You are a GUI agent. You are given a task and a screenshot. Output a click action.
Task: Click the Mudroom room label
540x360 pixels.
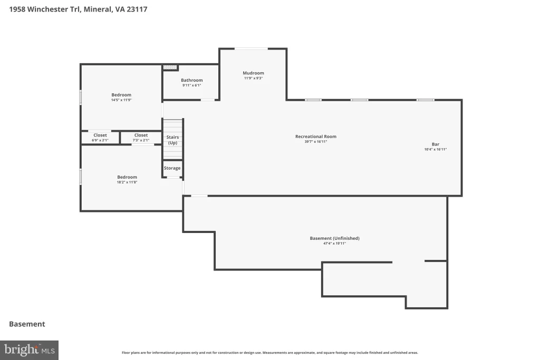pos(253,73)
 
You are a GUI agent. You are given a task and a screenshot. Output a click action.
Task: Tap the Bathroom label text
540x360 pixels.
pos(192,80)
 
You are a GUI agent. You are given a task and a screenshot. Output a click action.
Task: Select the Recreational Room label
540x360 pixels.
pos(316,137)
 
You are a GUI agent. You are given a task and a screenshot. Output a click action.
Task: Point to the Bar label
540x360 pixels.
pos(435,144)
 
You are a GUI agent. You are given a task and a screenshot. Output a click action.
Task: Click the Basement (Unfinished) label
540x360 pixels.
pos(335,238)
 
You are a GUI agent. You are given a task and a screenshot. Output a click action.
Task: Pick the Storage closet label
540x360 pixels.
pos(172,168)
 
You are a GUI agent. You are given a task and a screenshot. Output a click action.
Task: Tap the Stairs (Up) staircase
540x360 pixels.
pos(172,139)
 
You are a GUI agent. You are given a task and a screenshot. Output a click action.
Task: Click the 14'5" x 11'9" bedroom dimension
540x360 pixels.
pos(121,100)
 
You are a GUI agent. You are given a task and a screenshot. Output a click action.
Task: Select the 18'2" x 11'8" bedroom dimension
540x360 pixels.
pos(127,182)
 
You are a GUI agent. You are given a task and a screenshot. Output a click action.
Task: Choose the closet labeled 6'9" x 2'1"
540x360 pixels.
pos(100,138)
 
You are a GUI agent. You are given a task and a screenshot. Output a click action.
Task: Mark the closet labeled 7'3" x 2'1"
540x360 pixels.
pos(141,138)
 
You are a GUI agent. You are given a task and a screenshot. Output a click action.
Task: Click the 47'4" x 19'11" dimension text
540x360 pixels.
pos(334,244)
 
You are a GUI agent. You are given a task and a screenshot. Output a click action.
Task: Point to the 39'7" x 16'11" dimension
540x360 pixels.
pos(316,141)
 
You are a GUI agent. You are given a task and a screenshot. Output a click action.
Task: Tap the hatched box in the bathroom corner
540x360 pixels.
pos(170,67)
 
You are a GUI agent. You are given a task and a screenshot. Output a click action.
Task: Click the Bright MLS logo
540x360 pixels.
pos(30,351)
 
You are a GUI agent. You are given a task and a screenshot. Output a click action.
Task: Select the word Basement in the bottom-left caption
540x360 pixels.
pos(27,324)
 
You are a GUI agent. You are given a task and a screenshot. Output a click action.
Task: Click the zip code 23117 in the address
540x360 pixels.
pos(137,9)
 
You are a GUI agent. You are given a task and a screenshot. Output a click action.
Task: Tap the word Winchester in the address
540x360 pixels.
pos(47,9)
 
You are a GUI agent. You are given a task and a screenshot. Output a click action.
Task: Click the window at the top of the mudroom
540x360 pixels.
pos(252,48)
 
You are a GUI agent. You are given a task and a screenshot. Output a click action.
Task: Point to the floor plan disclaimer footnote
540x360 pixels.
pos(269,353)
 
